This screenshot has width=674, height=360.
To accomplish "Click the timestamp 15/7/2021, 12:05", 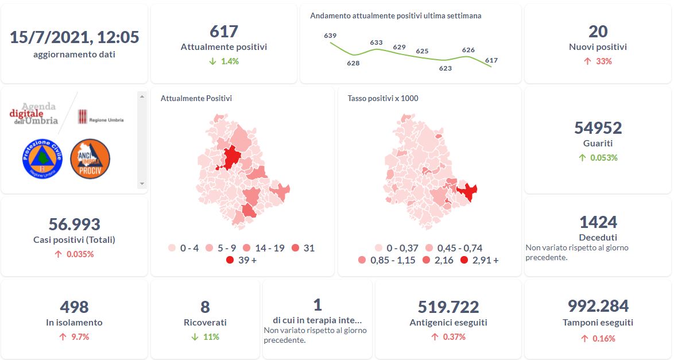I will pyautogui.click(x=74, y=37).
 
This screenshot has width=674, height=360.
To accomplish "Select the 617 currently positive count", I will pyautogui.click(x=223, y=32).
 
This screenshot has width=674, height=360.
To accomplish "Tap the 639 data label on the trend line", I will pyautogui.click(x=330, y=36).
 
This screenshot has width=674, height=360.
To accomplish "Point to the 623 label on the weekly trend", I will pyautogui.click(x=445, y=68).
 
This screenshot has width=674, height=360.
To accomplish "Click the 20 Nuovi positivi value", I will pyautogui.click(x=598, y=32).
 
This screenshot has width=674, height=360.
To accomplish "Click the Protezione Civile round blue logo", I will pyautogui.click(x=42, y=158).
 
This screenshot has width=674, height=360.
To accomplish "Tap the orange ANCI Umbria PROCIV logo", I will pyautogui.click(x=90, y=158).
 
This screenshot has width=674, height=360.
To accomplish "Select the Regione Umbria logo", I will pyautogui.click(x=101, y=117).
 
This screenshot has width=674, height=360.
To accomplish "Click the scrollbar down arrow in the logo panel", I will pyautogui.click(x=142, y=184).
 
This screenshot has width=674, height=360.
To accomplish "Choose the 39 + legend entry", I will pyautogui.click(x=242, y=260).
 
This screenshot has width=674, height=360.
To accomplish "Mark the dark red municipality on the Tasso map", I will pyautogui.click(x=467, y=192).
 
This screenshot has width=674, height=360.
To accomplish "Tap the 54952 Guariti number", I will pyautogui.click(x=598, y=128).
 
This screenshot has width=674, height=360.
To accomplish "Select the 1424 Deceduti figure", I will pyautogui.click(x=598, y=222).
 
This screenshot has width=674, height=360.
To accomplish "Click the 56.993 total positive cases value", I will pyautogui.click(x=74, y=224).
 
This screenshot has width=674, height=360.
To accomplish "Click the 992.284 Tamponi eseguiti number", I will pyautogui.click(x=598, y=306).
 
